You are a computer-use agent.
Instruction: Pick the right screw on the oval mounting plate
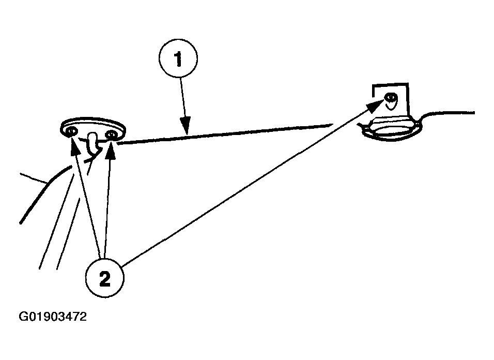[111, 136]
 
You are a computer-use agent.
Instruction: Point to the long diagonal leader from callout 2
[248, 187]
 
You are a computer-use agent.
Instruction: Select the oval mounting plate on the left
[93, 127]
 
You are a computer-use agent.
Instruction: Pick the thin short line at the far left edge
[34, 178]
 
